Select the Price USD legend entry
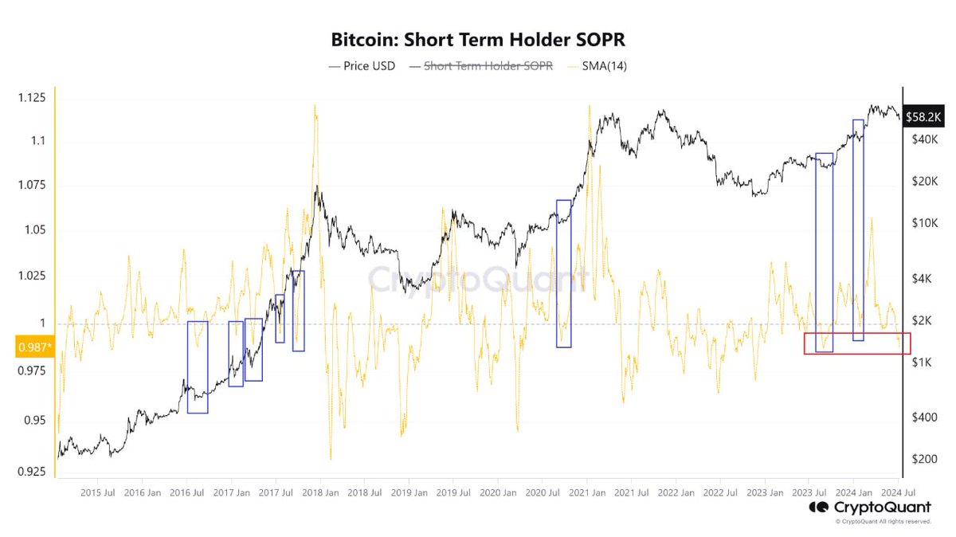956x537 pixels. (362, 66)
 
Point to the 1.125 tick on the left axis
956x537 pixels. (33, 98)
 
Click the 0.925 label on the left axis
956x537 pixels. (33, 472)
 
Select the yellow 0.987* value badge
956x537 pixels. (34, 347)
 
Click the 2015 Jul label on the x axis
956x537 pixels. (100, 493)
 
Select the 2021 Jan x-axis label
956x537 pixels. (586, 493)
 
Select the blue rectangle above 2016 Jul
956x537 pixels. (198, 367)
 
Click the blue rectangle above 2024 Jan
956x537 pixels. (858, 230)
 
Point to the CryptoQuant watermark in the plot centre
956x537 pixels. (478, 280)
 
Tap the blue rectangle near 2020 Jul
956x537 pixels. (563, 273)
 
